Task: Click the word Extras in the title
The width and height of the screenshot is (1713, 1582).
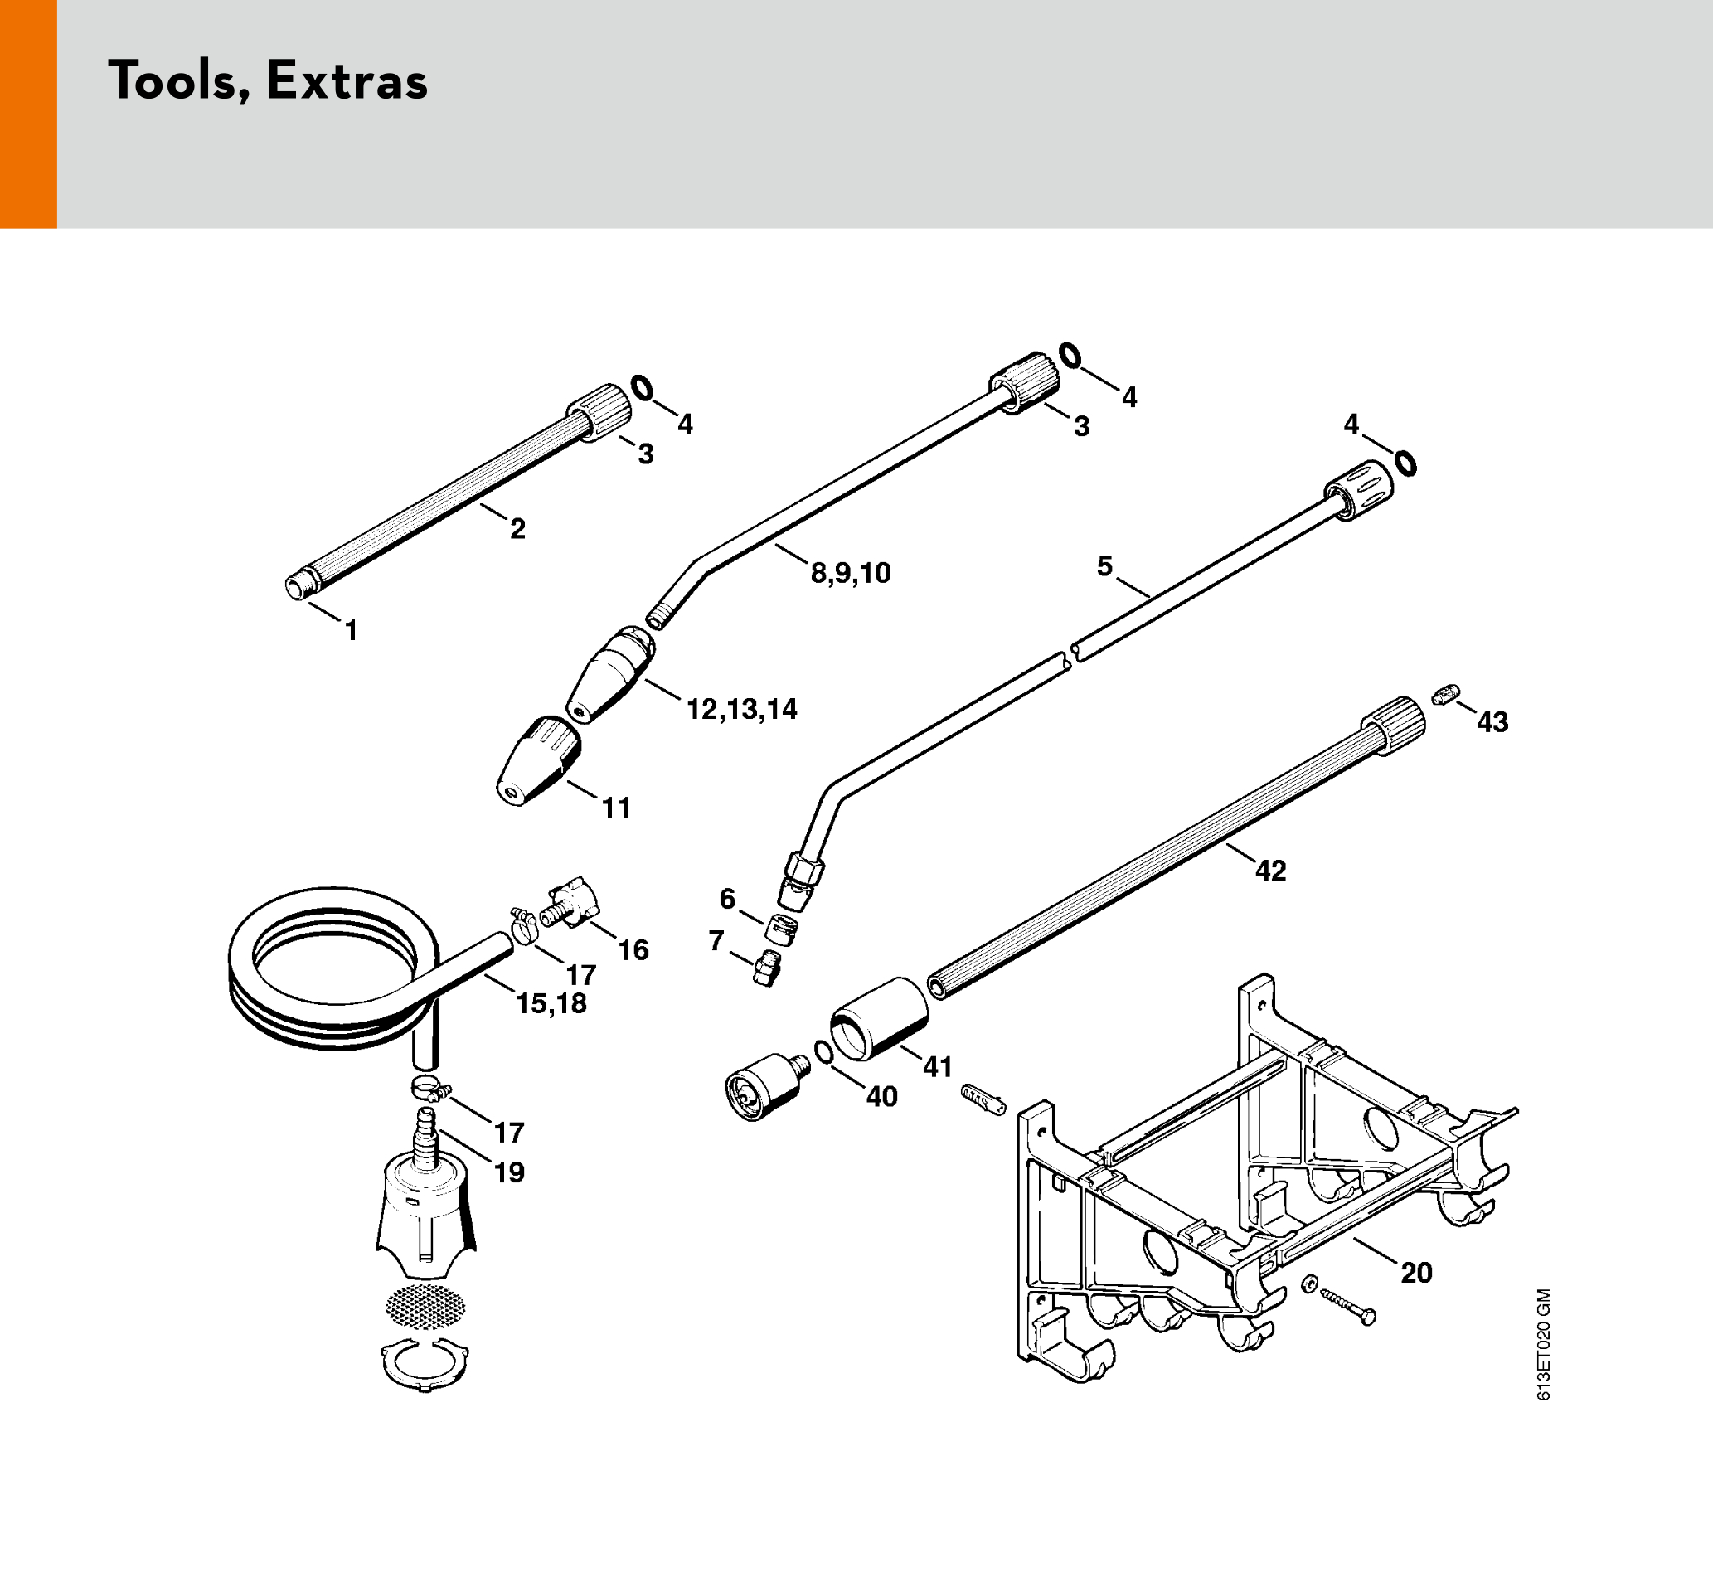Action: (x=347, y=82)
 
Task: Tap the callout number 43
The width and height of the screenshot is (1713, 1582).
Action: (x=1493, y=722)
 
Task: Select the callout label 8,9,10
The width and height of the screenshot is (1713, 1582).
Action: (x=851, y=574)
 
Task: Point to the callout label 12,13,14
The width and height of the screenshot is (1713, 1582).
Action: (x=742, y=710)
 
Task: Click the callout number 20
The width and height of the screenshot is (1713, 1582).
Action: (x=1417, y=1273)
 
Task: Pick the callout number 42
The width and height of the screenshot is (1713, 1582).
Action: (x=1270, y=871)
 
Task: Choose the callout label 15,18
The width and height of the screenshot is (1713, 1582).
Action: (x=551, y=1003)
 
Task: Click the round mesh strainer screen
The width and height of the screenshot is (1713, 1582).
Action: (x=426, y=1304)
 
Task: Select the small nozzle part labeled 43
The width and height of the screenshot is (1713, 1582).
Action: (x=1446, y=694)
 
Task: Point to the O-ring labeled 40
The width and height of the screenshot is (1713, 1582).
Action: (x=823, y=1052)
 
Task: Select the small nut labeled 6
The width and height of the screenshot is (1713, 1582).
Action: (x=781, y=928)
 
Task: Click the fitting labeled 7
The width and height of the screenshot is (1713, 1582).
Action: (x=767, y=968)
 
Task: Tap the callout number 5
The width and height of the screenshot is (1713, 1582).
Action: (x=1104, y=565)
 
